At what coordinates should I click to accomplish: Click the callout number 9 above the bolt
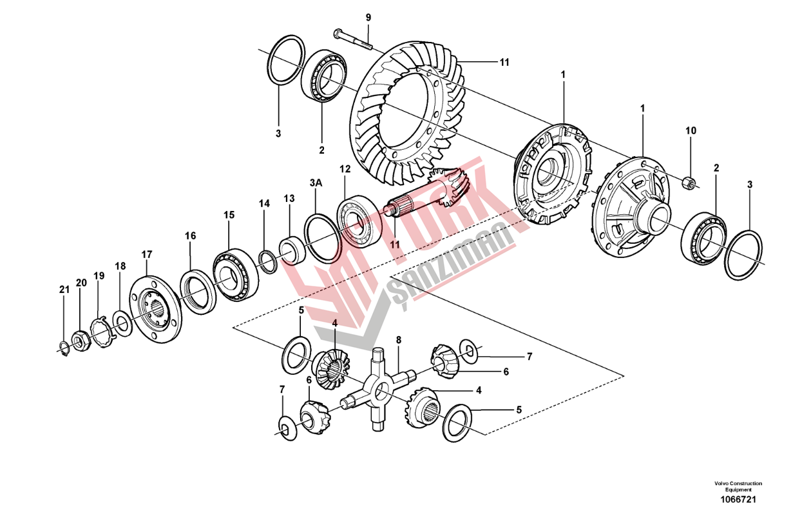tap(368, 17)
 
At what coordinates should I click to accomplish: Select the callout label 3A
tap(316, 183)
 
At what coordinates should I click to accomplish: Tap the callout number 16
tap(191, 236)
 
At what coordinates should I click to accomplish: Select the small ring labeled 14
tap(268, 262)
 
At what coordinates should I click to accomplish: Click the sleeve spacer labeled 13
tap(292, 250)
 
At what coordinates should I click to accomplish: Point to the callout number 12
tap(345, 169)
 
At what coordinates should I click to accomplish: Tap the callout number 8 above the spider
tap(399, 340)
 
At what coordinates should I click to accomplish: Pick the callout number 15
tap(229, 215)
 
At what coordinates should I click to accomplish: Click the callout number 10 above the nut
tap(691, 130)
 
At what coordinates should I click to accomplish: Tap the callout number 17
tap(147, 254)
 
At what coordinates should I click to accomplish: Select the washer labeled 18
tap(122, 323)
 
